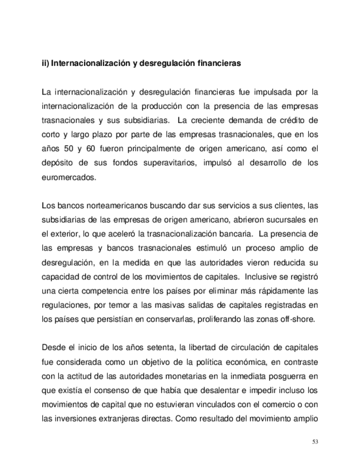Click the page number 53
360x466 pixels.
[x=315, y=442]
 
